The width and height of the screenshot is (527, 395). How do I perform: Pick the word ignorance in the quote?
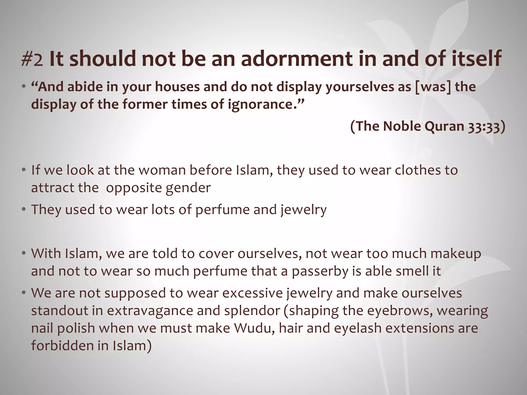click(x=262, y=105)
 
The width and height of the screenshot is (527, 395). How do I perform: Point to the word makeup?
click(x=456, y=254)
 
